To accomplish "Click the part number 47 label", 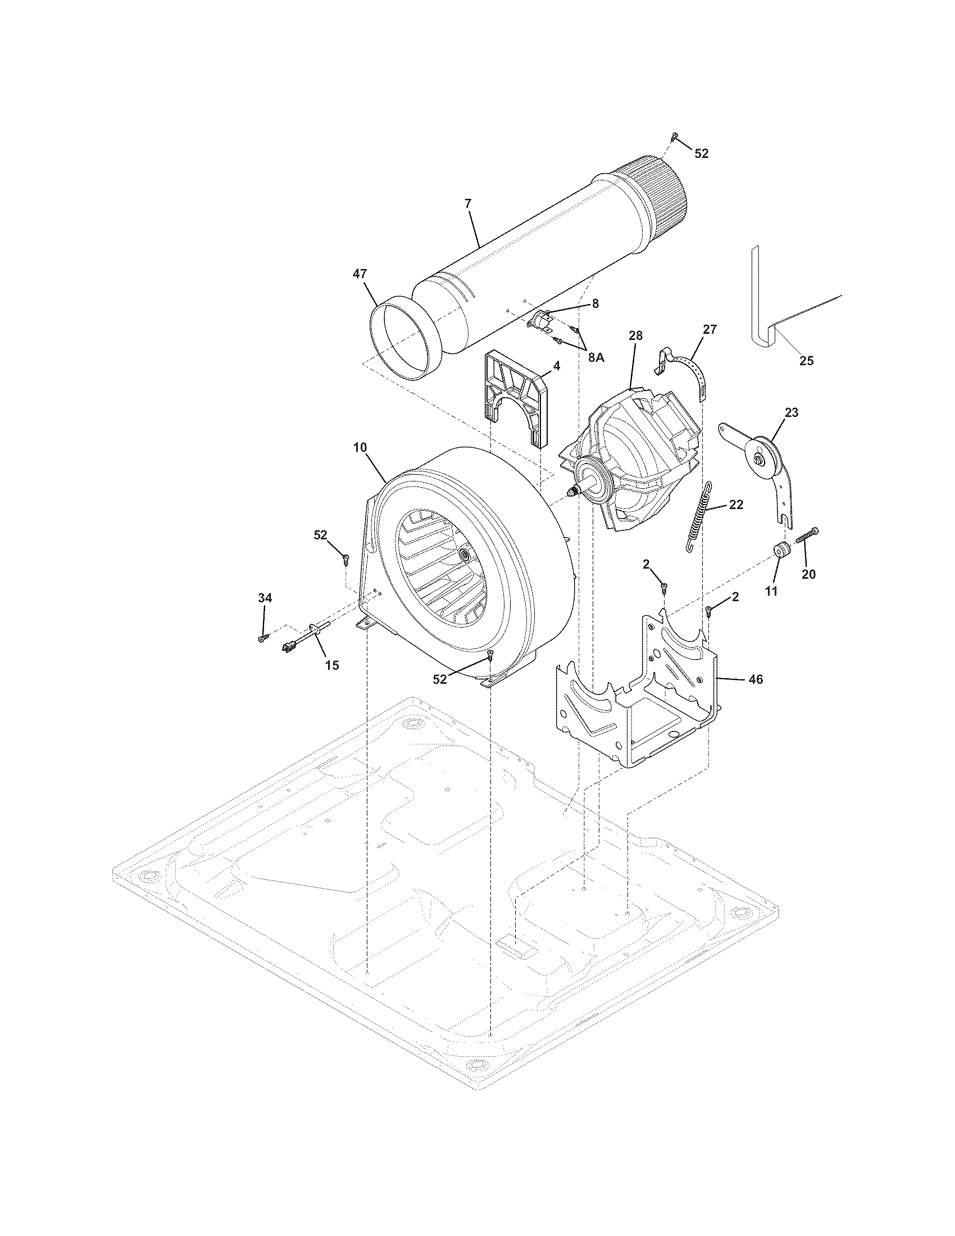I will click(360, 274).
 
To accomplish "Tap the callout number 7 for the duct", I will click(468, 203).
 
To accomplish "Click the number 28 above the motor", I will click(635, 335).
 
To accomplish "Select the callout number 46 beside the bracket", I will click(755, 680).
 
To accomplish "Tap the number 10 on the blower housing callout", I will click(360, 447).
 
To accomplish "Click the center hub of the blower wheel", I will click(466, 551).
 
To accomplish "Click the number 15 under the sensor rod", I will click(332, 666).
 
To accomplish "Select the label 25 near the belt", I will click(806, 361).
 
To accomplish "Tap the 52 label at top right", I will click(701, 153).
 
